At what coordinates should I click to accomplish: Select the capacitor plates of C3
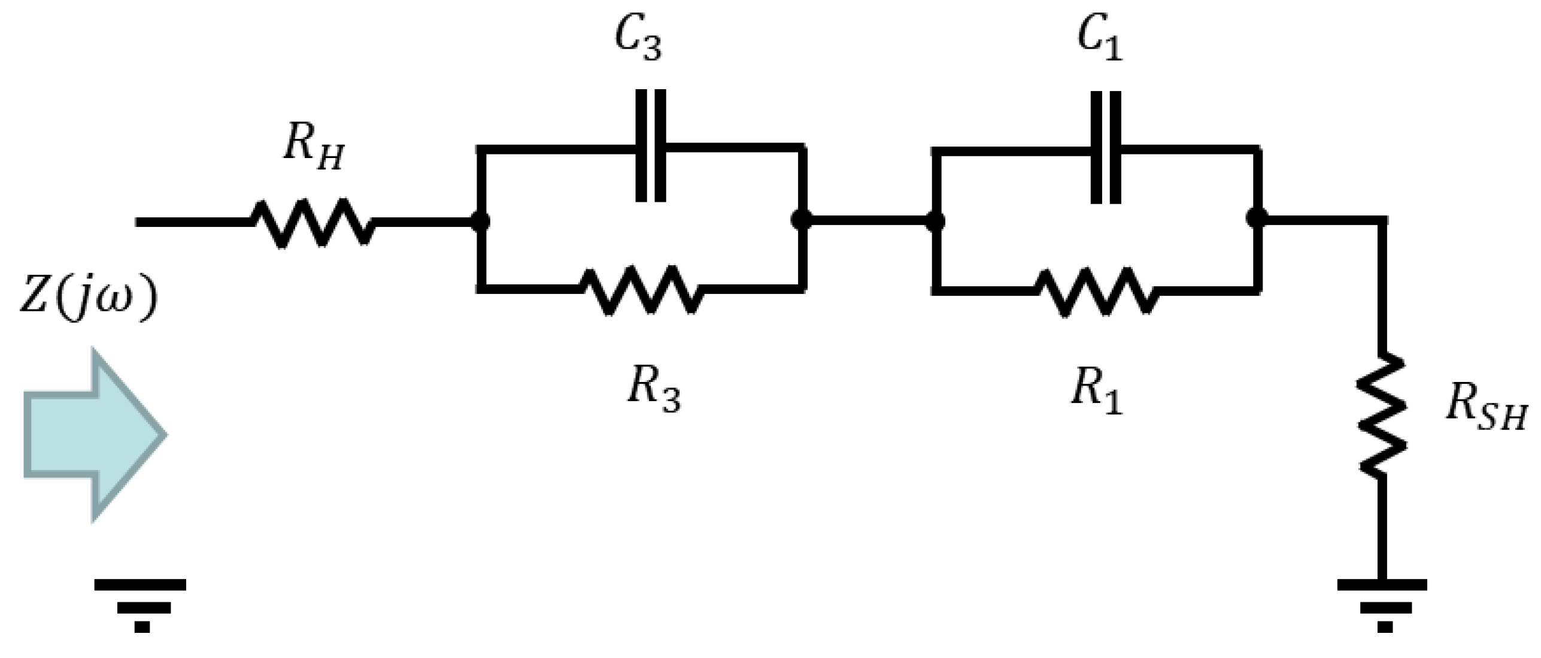[x=651, y=145]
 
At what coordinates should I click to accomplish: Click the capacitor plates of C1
[x=1106, y=147]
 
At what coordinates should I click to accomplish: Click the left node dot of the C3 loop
[x=480, y=222]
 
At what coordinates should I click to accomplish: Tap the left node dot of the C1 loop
[x=935, y=222]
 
